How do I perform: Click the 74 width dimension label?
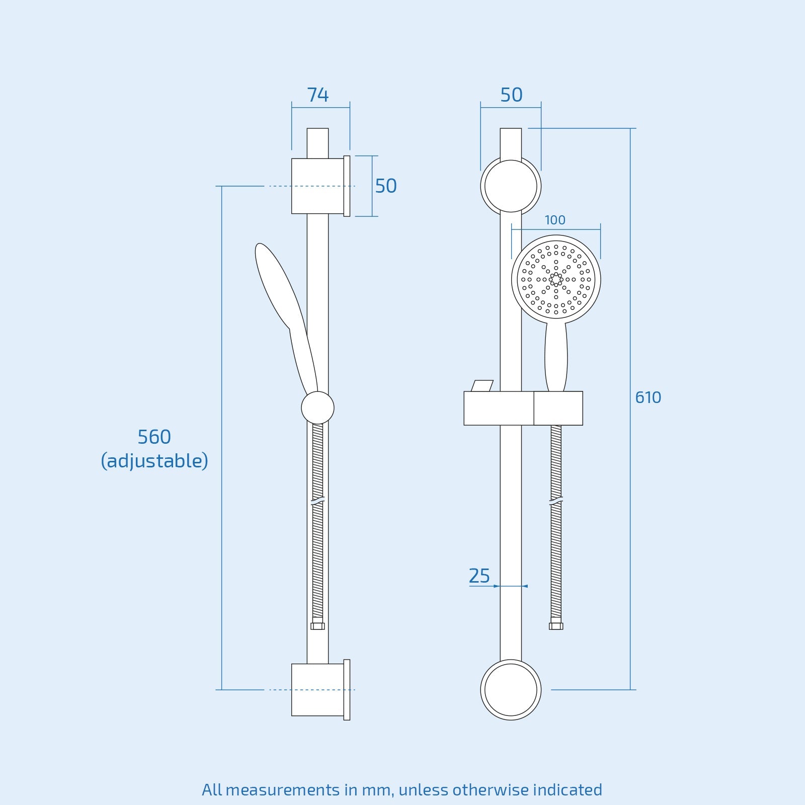coord(317,95)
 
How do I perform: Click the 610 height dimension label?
coord(648,397)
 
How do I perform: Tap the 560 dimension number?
coord(154,437)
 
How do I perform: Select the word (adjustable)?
coord(154,461)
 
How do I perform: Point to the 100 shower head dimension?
coord(554,220)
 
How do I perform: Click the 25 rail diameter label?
coord(479,576)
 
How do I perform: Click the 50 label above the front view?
coord(511,95)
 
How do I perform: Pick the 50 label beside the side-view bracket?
coord(385,186)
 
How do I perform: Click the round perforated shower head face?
coord(556,279)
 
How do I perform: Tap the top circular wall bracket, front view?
coord(511,186)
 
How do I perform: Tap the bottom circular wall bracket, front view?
coord(511,690)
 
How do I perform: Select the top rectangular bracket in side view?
coord(317,186)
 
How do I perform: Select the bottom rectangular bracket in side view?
coord(317,690)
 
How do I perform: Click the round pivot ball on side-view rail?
coord(317,408)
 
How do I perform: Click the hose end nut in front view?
coord(556,625)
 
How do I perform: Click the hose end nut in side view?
coord(317,625)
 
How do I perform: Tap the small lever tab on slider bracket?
coord(482,386)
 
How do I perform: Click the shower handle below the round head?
coord(556,357)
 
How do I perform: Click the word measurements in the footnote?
coord(282,790)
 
